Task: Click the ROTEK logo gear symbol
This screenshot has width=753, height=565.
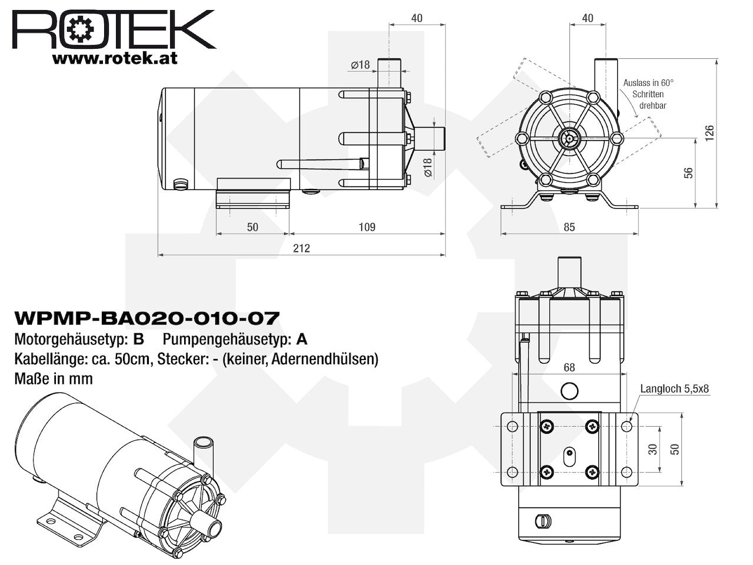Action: [x=80, y=29]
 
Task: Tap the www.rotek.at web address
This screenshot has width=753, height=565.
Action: [x=115, y=59]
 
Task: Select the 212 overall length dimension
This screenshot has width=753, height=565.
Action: [x=301, y=248]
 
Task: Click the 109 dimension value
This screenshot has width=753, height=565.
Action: [x=366, y=227]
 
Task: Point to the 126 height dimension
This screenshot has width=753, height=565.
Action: [x=709, y=133]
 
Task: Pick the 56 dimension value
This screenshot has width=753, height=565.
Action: [x=688, y=173]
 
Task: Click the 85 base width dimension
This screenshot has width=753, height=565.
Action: [x=569, y=227]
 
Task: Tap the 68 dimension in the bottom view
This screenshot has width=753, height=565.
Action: [x=569, y=367]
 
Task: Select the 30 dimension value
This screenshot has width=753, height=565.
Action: [x=652, y=449]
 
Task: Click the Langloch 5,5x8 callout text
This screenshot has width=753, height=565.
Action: [x=674, y=388]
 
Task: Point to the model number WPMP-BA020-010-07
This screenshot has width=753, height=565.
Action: [x=146, y=318]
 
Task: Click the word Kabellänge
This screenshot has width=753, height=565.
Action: [x=51, y=359]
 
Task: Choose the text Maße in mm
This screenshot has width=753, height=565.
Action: [x=54, y=379]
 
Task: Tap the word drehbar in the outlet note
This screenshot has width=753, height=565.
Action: [x=652, y=106]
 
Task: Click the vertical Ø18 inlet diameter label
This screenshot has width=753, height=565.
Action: [x=428, y=167]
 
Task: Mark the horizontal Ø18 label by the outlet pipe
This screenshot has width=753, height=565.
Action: [x=360, y=65]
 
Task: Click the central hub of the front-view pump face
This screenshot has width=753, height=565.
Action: [x=569, y=138]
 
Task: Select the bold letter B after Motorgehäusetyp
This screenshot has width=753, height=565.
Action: [x=139, y=339]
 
